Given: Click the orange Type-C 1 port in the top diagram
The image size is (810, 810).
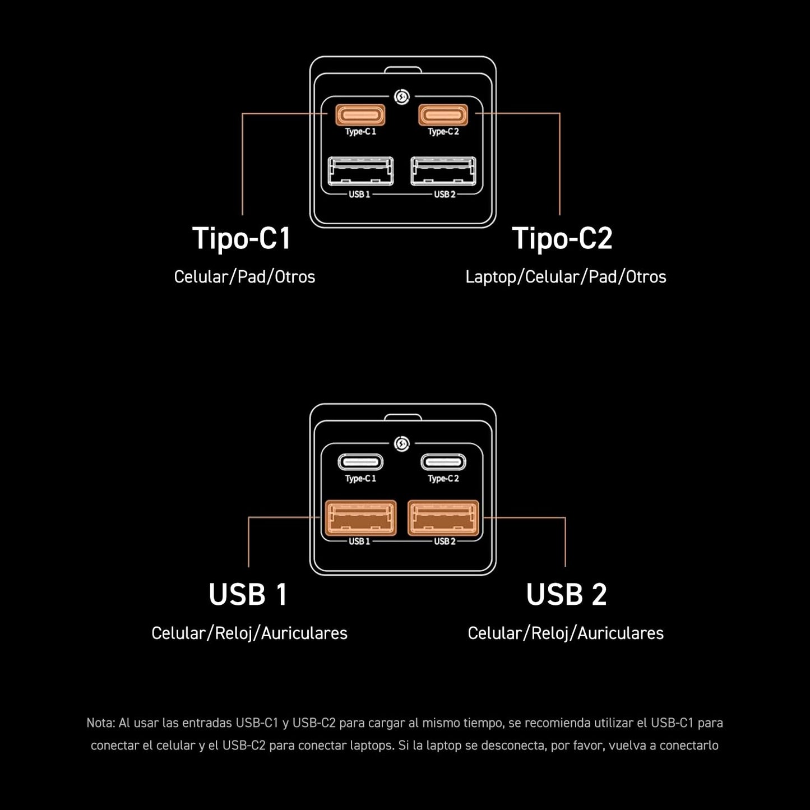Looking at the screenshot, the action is tap(360, 115).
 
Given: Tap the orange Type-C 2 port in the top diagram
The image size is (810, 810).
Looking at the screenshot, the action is tap(443, 115).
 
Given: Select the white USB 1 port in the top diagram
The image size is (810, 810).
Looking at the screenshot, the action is tap(360, 171).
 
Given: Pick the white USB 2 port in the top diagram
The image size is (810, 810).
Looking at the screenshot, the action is tap(443, 171).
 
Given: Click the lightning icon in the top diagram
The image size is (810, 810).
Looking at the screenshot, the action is tap(402, 97).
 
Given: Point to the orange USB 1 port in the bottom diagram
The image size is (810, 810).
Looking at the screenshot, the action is tap(360, 518).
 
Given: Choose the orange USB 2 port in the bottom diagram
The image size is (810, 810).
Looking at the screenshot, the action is tap(443, 518).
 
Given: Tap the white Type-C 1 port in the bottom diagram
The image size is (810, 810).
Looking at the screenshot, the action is tap(360, 462).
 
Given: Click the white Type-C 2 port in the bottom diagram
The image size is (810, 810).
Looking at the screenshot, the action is tap(443, 462).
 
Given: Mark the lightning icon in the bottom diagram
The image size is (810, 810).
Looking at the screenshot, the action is tap(402, 444).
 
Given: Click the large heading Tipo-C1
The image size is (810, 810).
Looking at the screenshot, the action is tap(241, 238).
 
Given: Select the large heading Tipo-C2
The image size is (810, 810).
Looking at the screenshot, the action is tap(562, 238).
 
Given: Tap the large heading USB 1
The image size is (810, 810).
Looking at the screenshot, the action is tap(248, 594).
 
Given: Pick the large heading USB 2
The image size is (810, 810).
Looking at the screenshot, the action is tap(566, 594).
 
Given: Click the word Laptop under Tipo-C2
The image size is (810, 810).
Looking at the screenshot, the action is tap(490, 277).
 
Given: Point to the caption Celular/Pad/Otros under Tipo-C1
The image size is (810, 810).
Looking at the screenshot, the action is tap(244, 277).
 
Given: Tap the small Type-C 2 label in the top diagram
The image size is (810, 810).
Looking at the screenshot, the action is tap(443, 132).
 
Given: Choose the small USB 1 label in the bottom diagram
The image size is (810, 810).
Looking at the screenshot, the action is tap(359, 541).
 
